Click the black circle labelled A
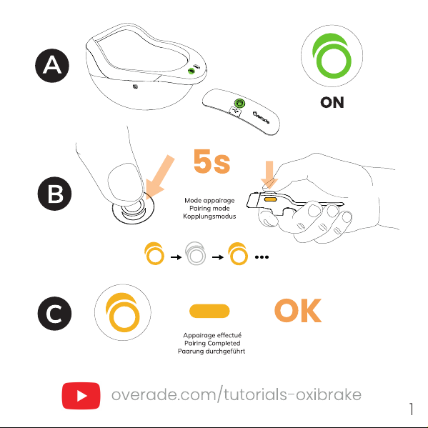52,66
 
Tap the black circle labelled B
54,194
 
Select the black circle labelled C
54,314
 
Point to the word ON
332,103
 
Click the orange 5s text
211,161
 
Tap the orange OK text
298,311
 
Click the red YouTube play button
81,396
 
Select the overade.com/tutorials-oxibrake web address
237,394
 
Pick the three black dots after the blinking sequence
262,257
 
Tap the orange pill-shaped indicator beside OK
209,311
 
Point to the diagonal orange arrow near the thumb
159,176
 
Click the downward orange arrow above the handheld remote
269,174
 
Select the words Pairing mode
209,209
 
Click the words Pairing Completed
212,343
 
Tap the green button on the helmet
191,71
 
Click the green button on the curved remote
239,104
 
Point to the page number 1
412,409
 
